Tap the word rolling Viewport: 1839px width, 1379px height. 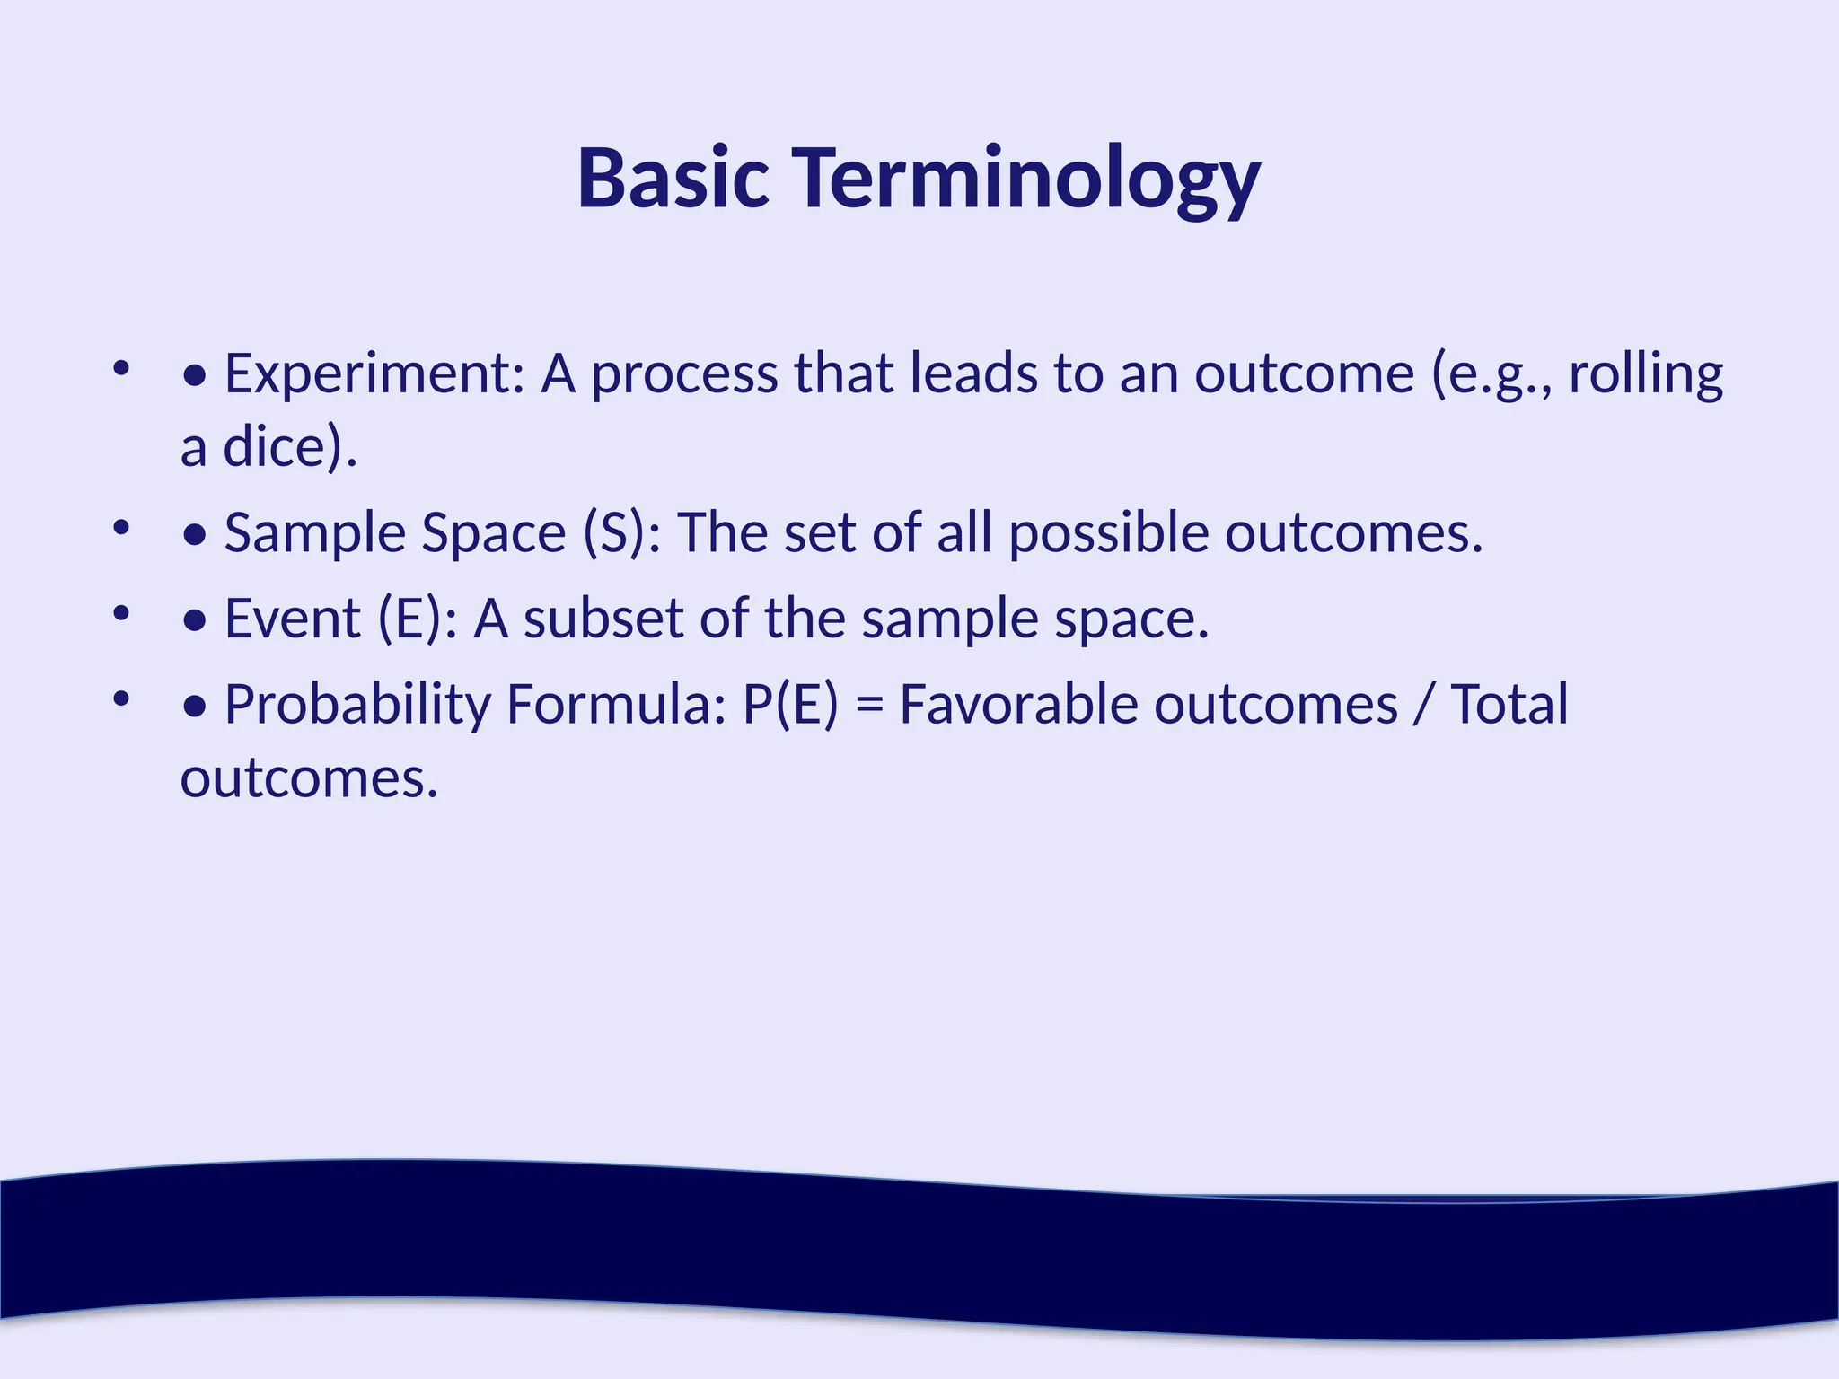click(x=1645, y=373)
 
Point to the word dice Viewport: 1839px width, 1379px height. click(x=274, y=446)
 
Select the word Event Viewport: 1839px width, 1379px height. click(x=292, y=619)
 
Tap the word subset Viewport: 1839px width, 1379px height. click(x=603, y=619)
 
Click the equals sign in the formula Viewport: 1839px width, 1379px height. click(x=868, y=704)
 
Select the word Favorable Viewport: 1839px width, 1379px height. click(x=1018, y=704)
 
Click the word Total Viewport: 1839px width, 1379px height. click(x=1509, y=704)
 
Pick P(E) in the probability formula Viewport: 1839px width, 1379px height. click(x=790, y=704)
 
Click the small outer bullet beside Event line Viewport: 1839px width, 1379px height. click(x=122, y=614)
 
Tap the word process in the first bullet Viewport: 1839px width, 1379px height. click(x=683, y=373)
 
